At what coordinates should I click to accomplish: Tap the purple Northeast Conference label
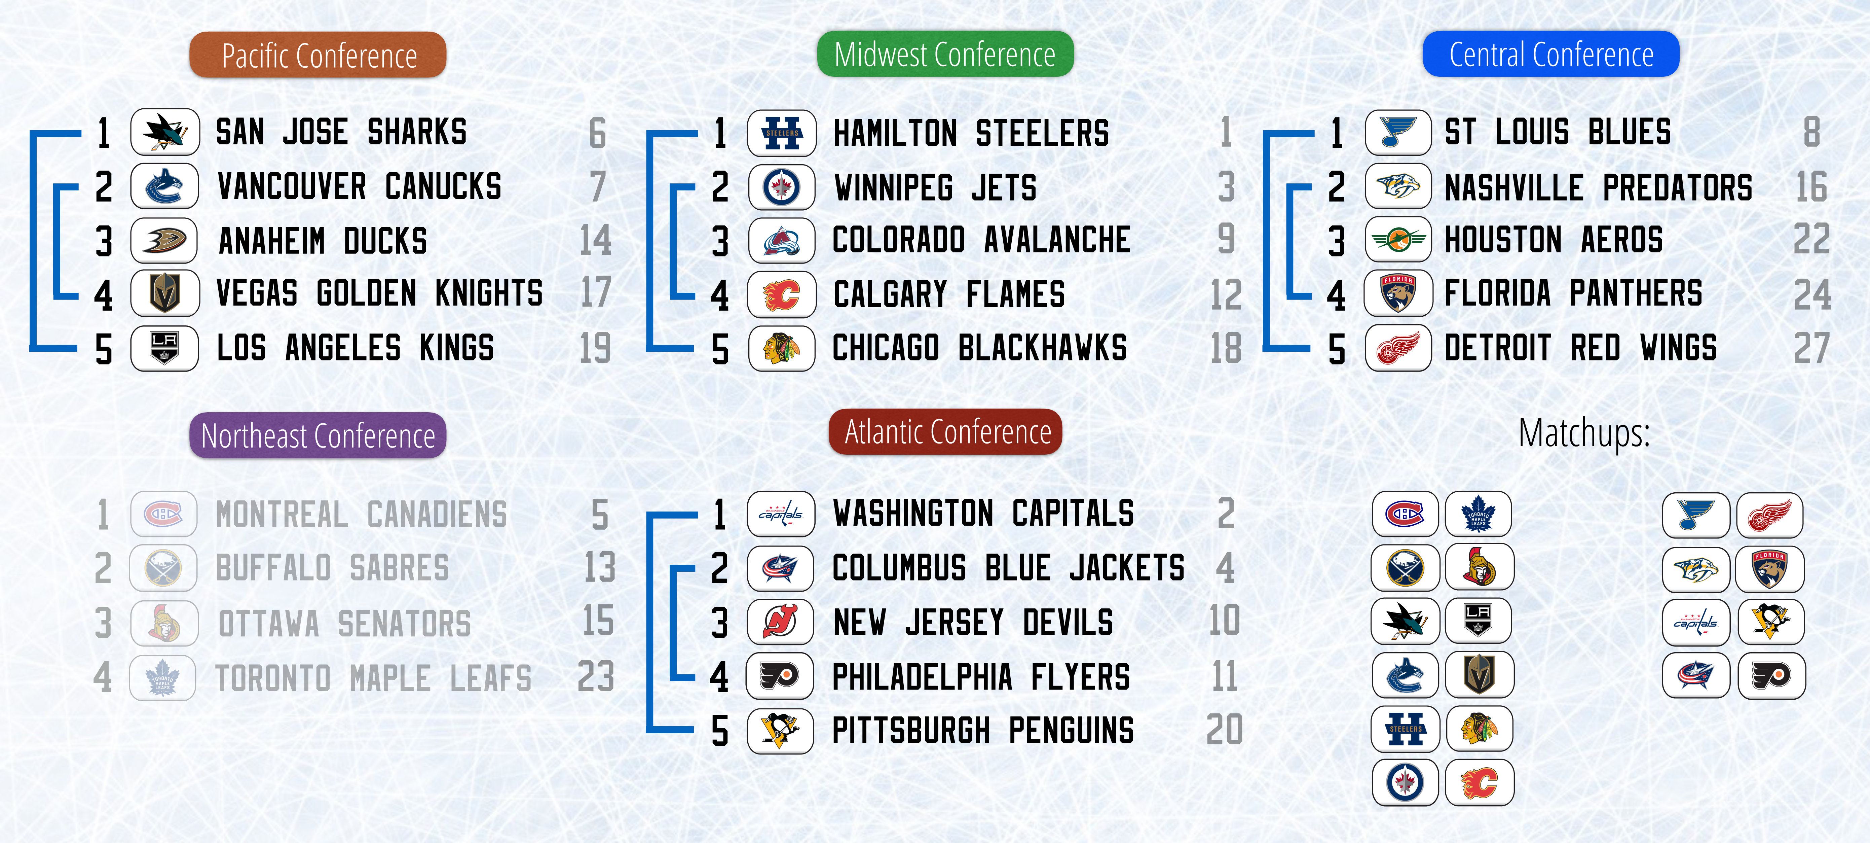(x=318, y=436)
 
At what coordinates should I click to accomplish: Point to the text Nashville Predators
(x=1599, y=187)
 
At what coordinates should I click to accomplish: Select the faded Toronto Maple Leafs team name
(x=374, y=678)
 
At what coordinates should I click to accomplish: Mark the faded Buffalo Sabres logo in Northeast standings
(x=163, y=568)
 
